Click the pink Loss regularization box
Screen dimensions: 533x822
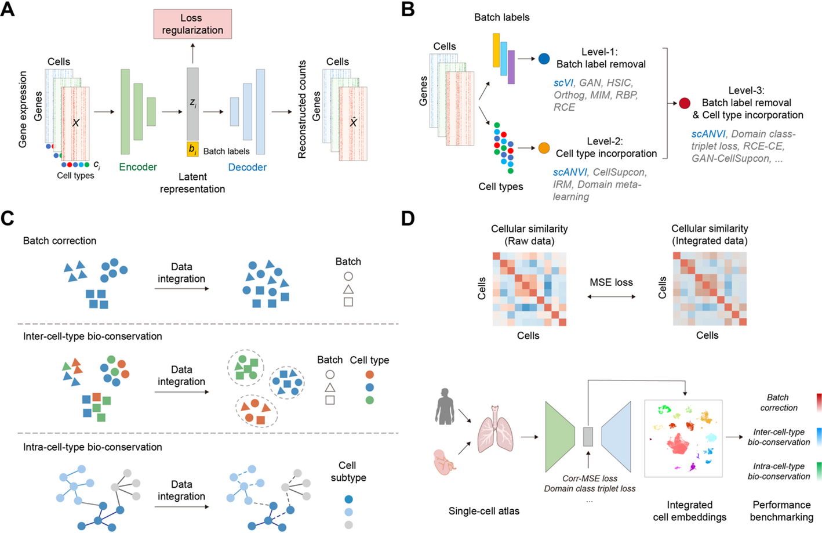point(192,24)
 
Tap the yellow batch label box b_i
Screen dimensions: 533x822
point(192,149)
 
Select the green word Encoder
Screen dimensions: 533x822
point(138,167)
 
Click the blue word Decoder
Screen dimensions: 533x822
point(247,167)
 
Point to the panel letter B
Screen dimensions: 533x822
point(408,10)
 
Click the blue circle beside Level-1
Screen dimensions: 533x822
point(544,59)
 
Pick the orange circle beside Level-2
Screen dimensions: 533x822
point(544,148)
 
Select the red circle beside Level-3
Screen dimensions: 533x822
point(685,103)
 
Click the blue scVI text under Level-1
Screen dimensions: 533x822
point(563,83)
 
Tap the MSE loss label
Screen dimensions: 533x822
point(611,282)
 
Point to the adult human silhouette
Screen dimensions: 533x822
point(445,406)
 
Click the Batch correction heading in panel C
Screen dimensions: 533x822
point(60,241)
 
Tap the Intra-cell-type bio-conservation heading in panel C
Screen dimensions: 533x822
point(92,447)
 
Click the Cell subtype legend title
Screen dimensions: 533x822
point(348,472)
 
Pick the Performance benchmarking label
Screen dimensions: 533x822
point(781,511)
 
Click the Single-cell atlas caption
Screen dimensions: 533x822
point(483,511)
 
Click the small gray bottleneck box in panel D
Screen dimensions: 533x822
point(588,437)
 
